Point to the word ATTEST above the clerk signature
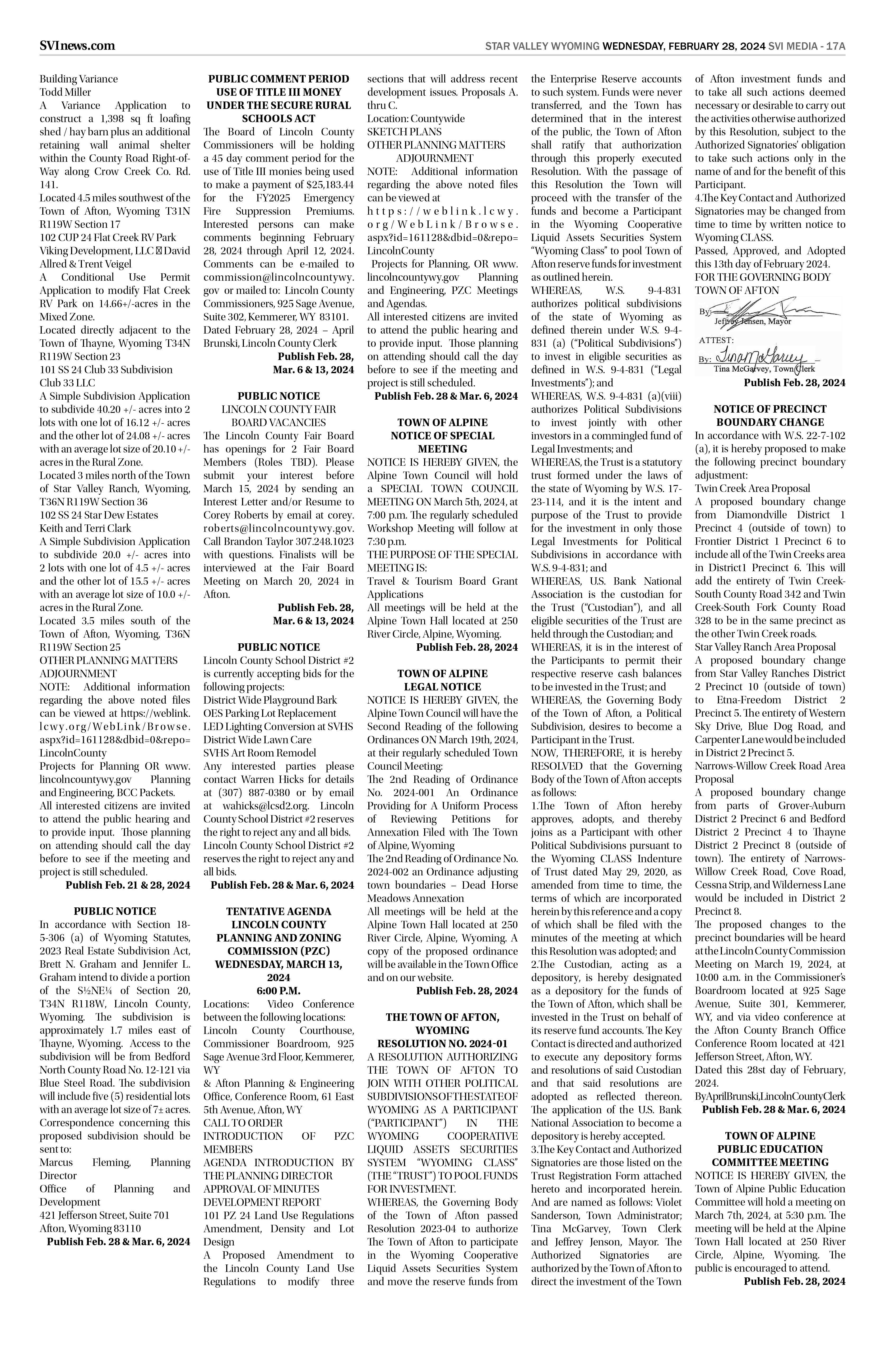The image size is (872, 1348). pos(716,340)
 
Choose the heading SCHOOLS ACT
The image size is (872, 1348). pos(278,118)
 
